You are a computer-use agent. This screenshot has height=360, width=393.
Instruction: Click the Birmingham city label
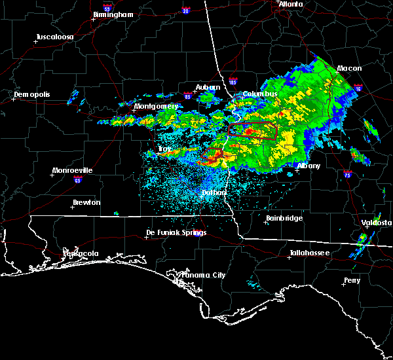tap(113, 14)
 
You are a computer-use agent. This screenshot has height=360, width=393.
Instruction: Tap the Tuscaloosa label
tap(55, 36)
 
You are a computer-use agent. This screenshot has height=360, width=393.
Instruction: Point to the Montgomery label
tap(156, 106)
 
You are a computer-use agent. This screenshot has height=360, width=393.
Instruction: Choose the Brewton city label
tap(86, 202)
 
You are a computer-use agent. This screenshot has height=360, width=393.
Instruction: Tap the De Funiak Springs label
tap(176, 232)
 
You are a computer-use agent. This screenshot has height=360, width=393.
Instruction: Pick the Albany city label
tap(309, 166)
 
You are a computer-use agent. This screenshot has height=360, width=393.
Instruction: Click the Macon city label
tap(349, 68)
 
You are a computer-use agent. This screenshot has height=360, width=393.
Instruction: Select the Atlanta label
tap(291, 4)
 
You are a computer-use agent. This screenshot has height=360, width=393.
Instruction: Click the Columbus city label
tap(260, 94)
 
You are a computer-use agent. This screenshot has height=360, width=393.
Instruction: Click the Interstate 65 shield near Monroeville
tap(77, 178)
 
